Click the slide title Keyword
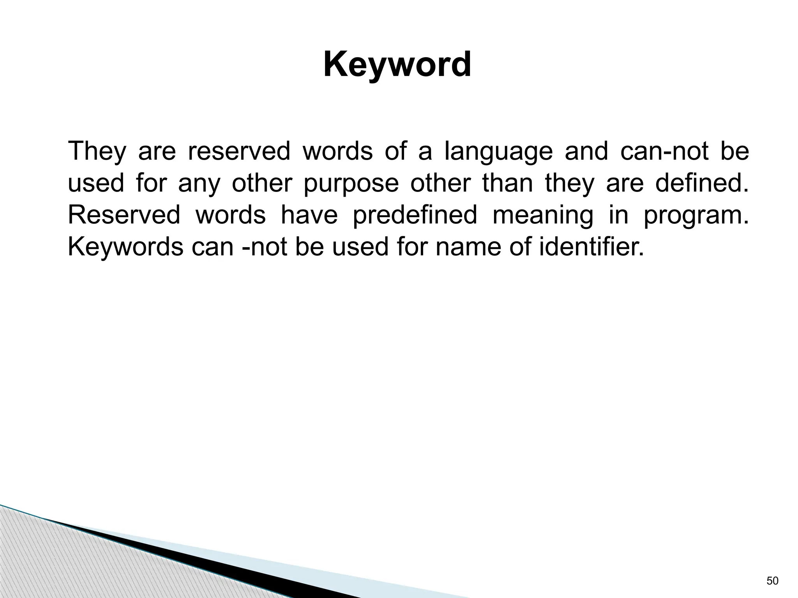pyautogui.click(x=397, y=65)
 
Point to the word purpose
pyautogui.click(x=351, y=184)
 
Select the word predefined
pyautogui.click(x=415, y=215)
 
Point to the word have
pyautogui.click(x=309, y=215)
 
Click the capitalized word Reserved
pyautogui.click(x=124, y=215)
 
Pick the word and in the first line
pyautogui.click(x=586, y=151)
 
